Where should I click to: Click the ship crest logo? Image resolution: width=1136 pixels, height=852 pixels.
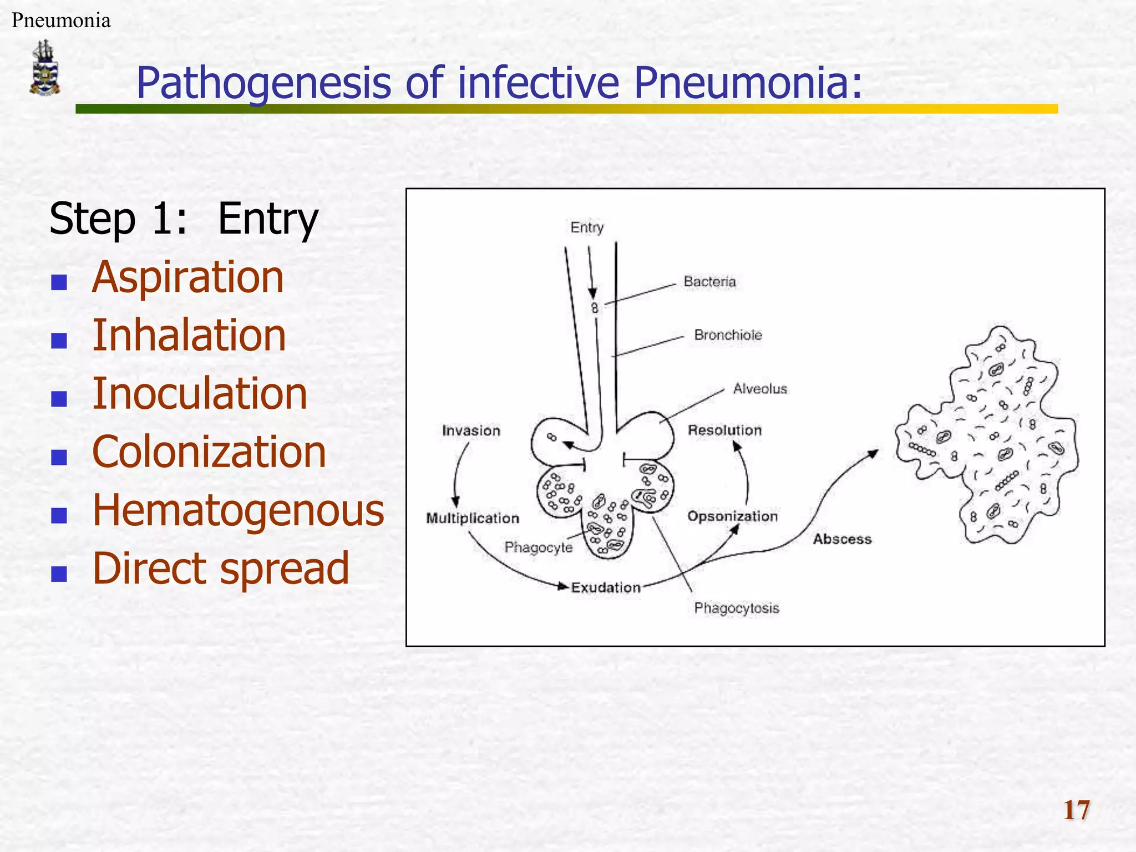(44, 68)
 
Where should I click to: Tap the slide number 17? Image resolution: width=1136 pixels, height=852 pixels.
(1076, 810)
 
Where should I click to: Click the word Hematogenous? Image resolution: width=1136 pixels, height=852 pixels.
(238, 510)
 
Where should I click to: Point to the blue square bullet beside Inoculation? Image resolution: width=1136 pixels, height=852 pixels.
(59, 398)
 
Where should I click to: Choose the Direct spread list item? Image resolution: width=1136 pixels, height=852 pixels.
(220, 569)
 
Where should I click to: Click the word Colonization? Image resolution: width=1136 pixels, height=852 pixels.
(209, 452)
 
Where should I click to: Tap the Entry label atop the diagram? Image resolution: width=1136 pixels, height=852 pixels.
(586, 227)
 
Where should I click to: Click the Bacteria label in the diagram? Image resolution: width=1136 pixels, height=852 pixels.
(709, 282)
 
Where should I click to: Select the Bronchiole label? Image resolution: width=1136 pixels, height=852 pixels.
(728, 335)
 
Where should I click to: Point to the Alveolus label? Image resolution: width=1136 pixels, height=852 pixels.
(759, 389)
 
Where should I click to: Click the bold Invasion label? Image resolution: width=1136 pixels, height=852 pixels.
(471, 431)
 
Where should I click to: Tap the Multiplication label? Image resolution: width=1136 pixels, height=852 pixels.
(473, 518)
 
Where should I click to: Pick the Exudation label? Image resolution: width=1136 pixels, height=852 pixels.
(606, 587)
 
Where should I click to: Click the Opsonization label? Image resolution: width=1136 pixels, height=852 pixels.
(732, 516)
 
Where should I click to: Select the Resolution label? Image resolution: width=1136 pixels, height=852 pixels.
(724, 430)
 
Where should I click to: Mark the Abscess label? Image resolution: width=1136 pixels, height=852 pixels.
(842, 539)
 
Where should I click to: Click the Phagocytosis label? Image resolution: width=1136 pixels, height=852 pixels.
(736, 608)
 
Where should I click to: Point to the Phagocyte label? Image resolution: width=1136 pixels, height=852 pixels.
(538, 547)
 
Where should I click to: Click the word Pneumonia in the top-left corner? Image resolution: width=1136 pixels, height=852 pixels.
(61, 21)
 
